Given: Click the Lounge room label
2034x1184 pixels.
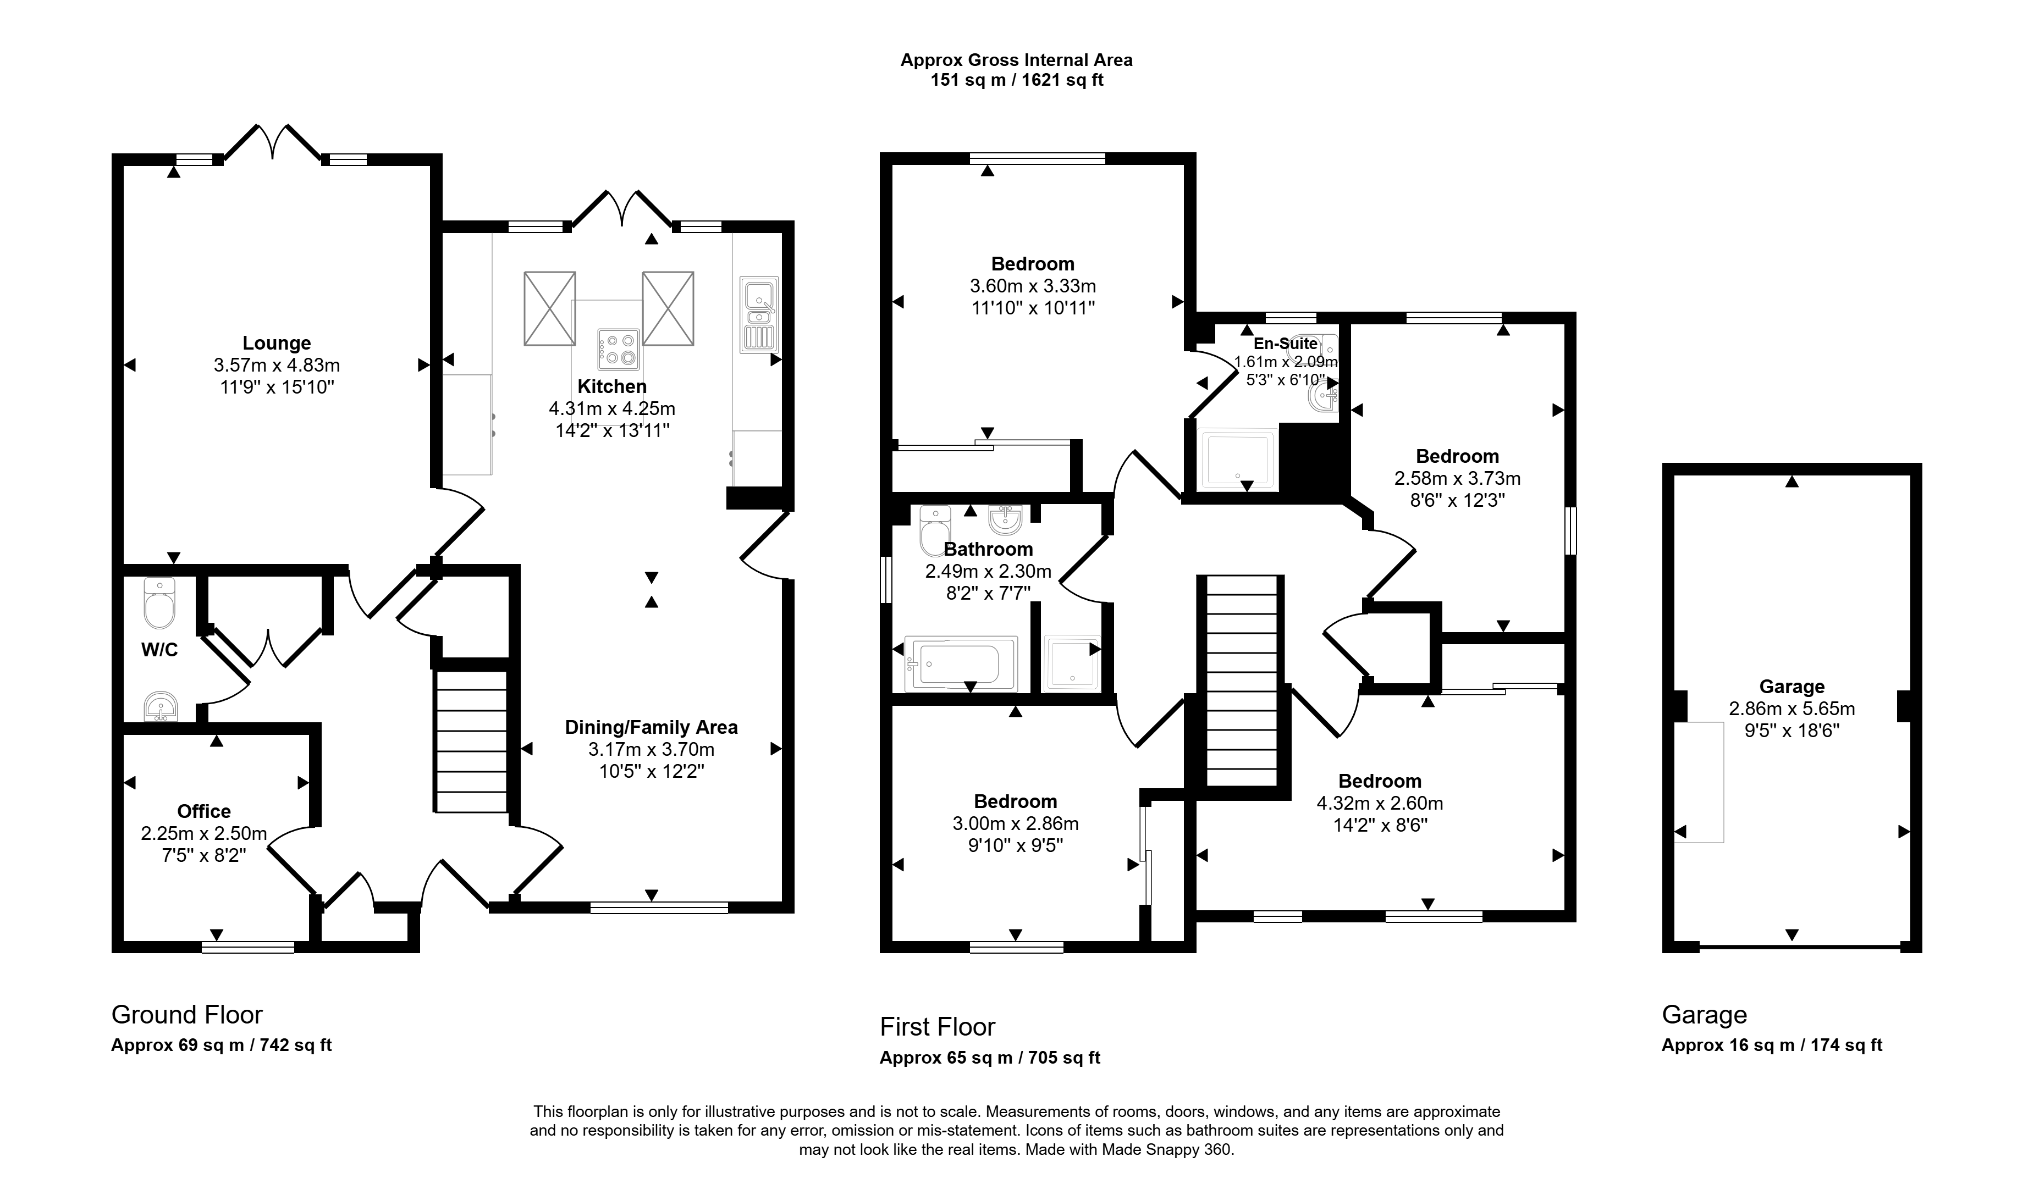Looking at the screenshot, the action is pyautogui.click(x=277, y=343).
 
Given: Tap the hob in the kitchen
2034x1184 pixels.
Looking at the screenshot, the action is pyautogui.click(x=618, y=350).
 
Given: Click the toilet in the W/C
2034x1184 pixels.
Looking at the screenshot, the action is pyautogui.click(x=159, y=604).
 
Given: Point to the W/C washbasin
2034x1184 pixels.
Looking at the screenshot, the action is pyautogui.click(x=161, y=707).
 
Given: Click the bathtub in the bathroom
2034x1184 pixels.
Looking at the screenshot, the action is pyautogui.click(x=961, y=663).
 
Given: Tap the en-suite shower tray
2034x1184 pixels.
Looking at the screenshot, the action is pyautogui.click(x=1237, y=460).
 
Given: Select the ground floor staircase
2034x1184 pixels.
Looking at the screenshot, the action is pyautogui.click(x=471, y=741).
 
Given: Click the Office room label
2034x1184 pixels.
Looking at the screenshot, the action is pyautogui.click(x=204, y=811).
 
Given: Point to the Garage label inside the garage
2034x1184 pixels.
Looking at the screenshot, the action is pyautogui.click(x=1792, y=687).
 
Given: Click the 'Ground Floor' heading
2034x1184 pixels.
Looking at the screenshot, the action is pyautogui.click(x=188, y=1015).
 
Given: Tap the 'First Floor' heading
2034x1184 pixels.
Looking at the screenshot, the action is pyautogui.click(x=938, y=1027).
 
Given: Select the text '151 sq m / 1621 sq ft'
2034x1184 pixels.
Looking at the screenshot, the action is pyautogui.click(x=1017, y=80).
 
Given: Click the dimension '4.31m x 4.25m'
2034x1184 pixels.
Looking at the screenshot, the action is pyautogui.click(x=612, y=408).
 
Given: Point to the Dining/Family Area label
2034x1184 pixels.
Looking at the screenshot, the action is pyautogui.click(x=652, y=727).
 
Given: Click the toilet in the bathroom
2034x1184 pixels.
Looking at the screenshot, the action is pyautogui.click(x=935, y=530).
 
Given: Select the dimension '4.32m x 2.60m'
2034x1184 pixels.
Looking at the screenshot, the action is pyautogui.click(x=1380, y=803).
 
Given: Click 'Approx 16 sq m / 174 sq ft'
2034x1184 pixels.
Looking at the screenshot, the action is pyautogui.click(x=1772, y=1045).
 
